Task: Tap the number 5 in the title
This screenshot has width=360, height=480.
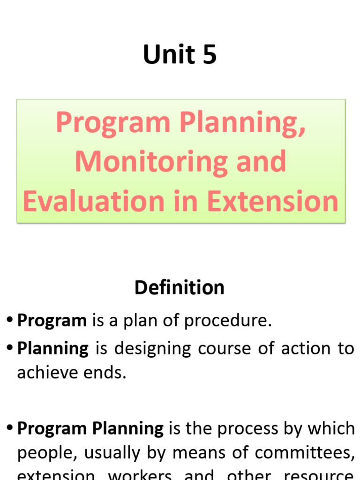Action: [210, 54]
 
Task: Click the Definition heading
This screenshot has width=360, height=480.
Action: [180, 287]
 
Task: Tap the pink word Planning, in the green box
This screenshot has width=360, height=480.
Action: [242, 122]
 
